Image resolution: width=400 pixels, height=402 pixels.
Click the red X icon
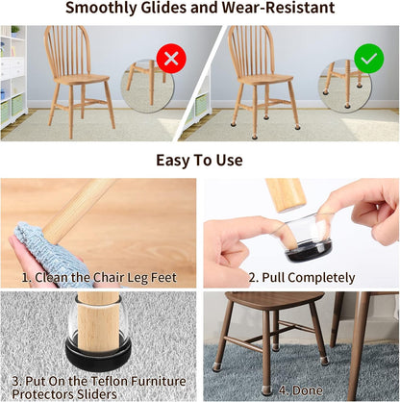(172, 59)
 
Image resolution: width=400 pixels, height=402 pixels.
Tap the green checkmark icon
(368, 59)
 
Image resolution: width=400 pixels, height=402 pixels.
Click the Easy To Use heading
(199, 159)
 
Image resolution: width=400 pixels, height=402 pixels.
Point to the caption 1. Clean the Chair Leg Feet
(98, 278)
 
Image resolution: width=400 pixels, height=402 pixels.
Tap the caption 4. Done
(301, 391)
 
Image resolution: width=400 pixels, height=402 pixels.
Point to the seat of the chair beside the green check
(262, 86)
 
